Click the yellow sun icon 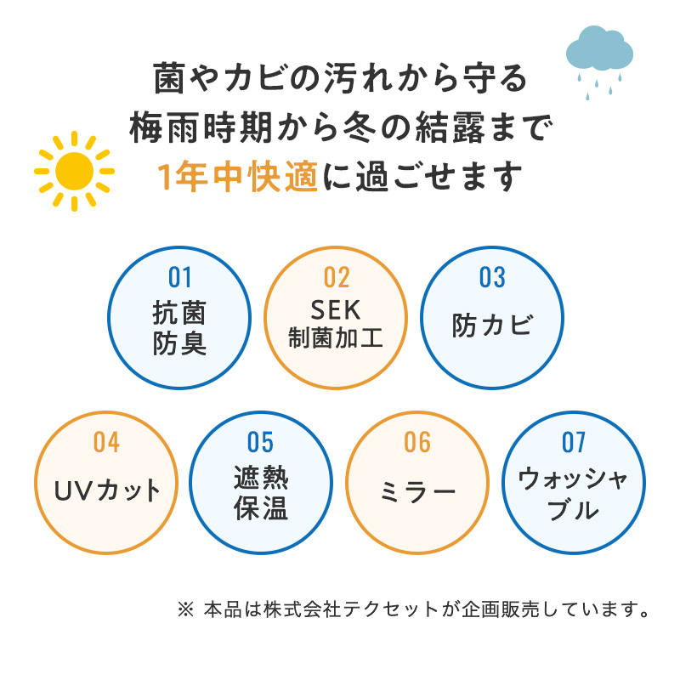click(74, 172)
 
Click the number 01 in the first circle click(179, 278)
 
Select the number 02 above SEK click(337, 278)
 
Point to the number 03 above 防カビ click(492, 278)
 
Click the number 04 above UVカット click(106, 442)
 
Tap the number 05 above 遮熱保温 click(260, 442)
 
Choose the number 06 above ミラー click(417, 442)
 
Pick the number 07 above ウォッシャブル click(573, 442)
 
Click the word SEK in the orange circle click(336, 310)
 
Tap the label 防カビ click(492, 325)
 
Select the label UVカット click(107, 490)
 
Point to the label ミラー click(417, 493)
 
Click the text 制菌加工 click(336, 337)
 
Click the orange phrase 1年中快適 click(238, 177)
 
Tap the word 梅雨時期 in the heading click(201, 127)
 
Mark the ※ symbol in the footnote click(185, 609)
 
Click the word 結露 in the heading click(450, 127)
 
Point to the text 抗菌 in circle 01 click(179, 313)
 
